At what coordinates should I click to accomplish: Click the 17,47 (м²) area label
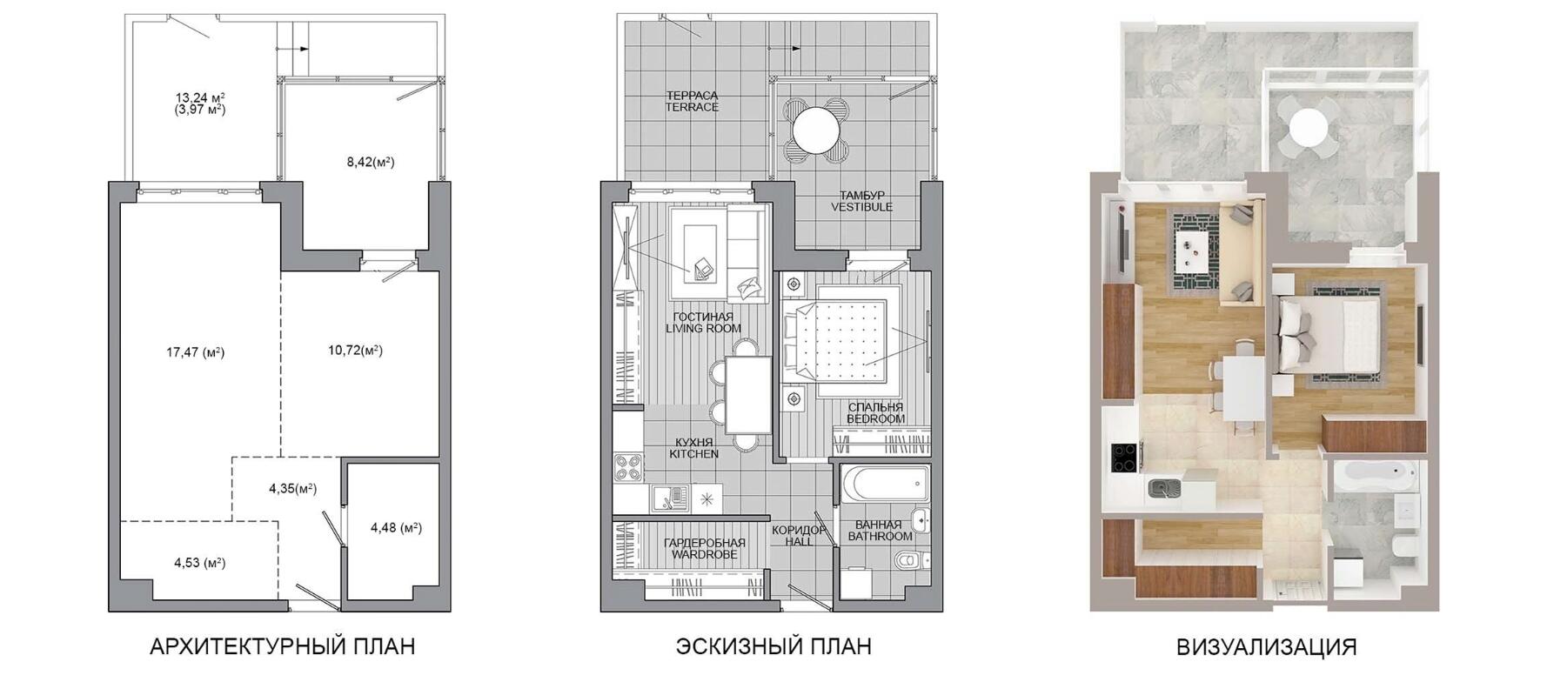coord(195,352)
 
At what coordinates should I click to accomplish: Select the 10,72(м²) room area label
coord(355,351)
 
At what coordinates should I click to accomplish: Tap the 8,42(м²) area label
coord(370,161)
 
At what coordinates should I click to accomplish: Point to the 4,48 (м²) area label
coord(396,527)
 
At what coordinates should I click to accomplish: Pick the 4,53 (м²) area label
coord(199,563)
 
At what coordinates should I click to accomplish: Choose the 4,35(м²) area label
coord(292,489)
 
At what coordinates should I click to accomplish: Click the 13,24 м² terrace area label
coord(200,97)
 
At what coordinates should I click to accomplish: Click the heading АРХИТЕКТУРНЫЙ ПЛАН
coord(282,646)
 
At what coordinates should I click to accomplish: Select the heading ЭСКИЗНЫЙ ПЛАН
coord(773,646)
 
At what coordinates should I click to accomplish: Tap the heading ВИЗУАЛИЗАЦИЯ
coord(1266,647)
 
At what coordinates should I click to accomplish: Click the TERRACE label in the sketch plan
coord(692,108)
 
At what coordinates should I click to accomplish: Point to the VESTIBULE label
coord(861,207)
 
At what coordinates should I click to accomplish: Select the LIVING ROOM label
coord(703,329)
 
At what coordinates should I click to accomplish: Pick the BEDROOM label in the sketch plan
coord(875,419)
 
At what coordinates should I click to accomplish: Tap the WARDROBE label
coord(704,555)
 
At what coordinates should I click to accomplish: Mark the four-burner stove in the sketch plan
coord(627,468)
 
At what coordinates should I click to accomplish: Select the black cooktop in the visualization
coord(1127,458)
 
